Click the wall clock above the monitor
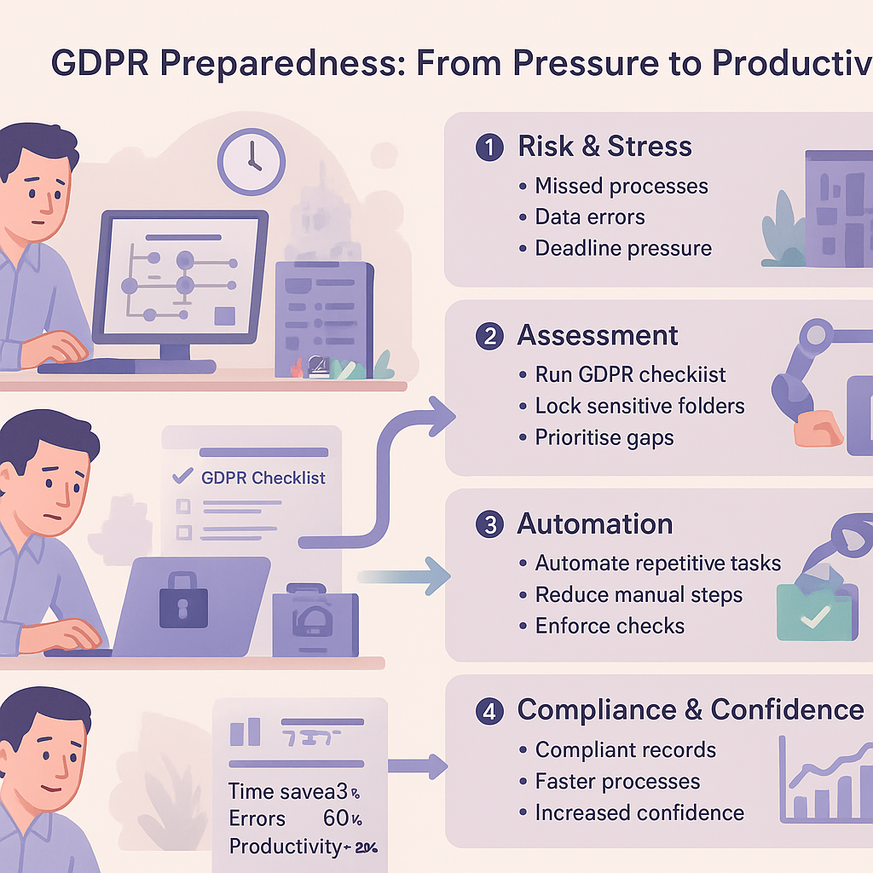(x=251, y=161)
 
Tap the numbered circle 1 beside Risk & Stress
(x=489, y=147)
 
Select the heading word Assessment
(x=598, y=335)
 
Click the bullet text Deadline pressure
(x=622, y=248)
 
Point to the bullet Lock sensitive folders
(x=639, y=406)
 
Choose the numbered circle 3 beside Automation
(x=489, y=524)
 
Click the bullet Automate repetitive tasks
(x=657, y=564)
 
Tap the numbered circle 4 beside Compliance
(x=489, y=710)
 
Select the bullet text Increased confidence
(x=639, y=812)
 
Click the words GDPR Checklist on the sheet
(x=263, y=477)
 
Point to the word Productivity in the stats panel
(x=284, y=847)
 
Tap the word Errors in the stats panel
(x=257, y=818)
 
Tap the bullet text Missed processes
(x=622, y=186)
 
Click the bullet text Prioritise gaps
(x=604, y=437)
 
